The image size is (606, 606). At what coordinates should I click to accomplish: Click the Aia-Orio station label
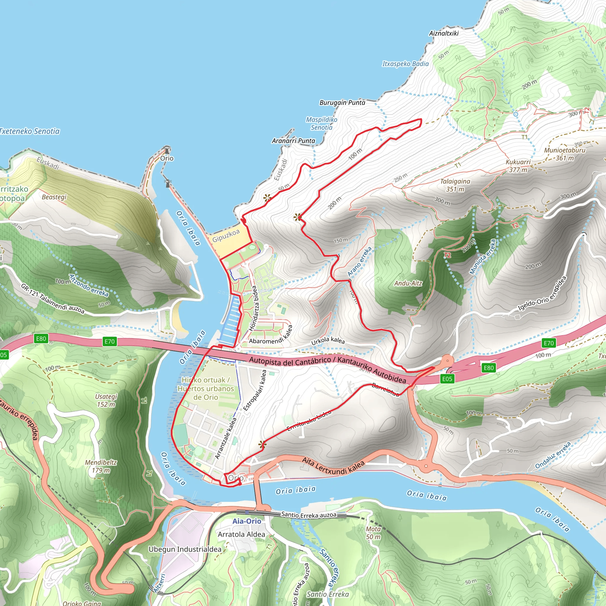[x=246, y=521]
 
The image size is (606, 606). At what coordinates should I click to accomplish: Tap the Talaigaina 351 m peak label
[x=455, y=185]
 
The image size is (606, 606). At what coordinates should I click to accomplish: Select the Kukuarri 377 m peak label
[x=518, y=166]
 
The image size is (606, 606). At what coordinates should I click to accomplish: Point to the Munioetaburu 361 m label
[x=565, y=154]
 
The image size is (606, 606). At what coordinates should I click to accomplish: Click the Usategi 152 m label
[x=106, y=401]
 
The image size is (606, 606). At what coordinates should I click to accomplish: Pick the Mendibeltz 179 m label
[x=101, y=466]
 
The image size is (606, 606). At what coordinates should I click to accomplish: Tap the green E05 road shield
[x=447, y=378]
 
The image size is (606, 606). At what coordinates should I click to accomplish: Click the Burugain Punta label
[x=342, y=103]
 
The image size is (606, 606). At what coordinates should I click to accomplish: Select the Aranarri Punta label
[x=293, y=141]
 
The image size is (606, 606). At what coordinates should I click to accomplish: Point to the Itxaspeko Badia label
[x=405, y=64]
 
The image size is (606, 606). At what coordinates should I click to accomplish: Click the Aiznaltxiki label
[x=444, y=33]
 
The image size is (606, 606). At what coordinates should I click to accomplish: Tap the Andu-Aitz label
[x=408, y=283]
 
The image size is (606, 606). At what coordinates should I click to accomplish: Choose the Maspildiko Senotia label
[x=322, y=123]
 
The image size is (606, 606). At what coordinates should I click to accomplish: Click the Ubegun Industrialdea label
[x=185, y=549]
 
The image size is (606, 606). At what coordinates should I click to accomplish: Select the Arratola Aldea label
[x=241, y=534]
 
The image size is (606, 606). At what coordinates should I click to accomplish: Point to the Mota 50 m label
[x=373, y=533]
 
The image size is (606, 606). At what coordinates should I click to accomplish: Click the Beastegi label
[x=54, y=197]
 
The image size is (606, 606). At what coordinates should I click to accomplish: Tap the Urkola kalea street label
[x=328, y=341]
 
